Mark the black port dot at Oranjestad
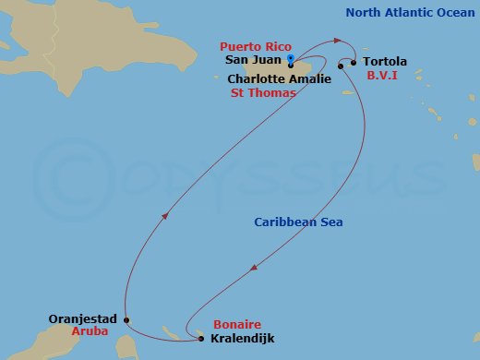pos(126,321)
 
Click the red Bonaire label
pos(237,325)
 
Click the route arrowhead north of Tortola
pos(339,40)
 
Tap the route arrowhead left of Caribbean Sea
pos(165,215)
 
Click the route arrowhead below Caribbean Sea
pos(254,269)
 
